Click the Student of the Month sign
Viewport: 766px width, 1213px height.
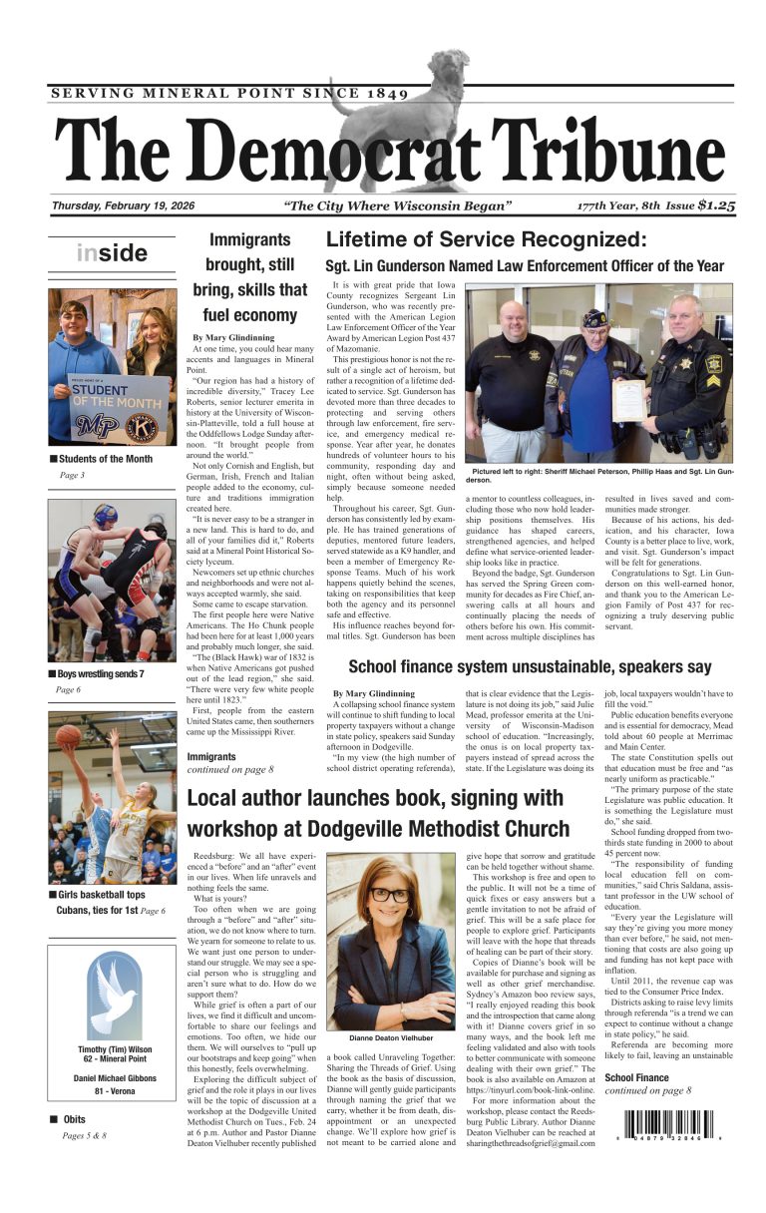118,408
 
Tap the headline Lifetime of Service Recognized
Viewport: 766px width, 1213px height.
487,240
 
